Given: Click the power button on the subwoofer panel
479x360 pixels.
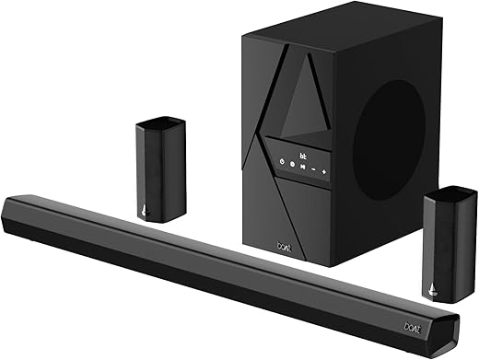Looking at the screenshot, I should (281, 161).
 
